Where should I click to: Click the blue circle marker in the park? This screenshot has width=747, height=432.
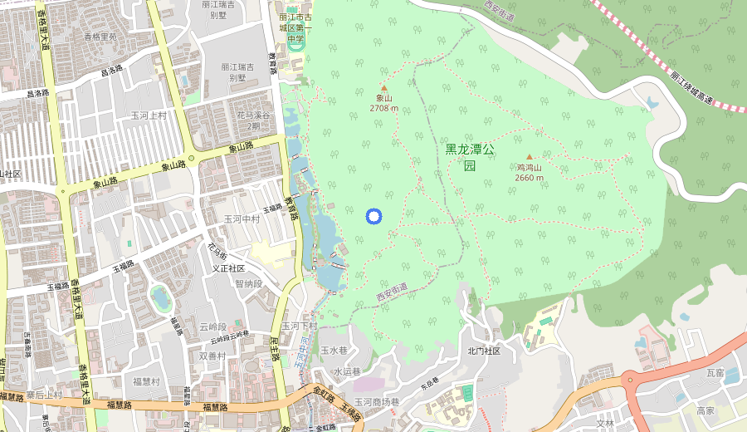tap(373, 217)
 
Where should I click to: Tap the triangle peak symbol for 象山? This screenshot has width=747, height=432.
tap(383, 87)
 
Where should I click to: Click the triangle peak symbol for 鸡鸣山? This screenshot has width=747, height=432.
tap(530, 156)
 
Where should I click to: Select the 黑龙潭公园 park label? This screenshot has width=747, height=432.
tap(469, 157)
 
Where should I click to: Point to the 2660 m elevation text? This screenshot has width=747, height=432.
tap(530, 178)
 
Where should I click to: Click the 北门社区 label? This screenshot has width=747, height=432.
tap(484, 351)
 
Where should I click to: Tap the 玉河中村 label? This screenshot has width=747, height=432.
tap(242, 219)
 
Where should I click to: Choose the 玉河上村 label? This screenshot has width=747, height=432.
tap(149, 115)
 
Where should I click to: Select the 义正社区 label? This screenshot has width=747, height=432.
tap(228, 268)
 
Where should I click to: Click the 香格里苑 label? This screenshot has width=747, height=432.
tap(100, 37)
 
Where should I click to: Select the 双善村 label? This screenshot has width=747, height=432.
tap(213, 355)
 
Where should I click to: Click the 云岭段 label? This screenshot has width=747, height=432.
tap(213, 326)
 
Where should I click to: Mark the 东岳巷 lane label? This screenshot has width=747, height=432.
tap(428, 385)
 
